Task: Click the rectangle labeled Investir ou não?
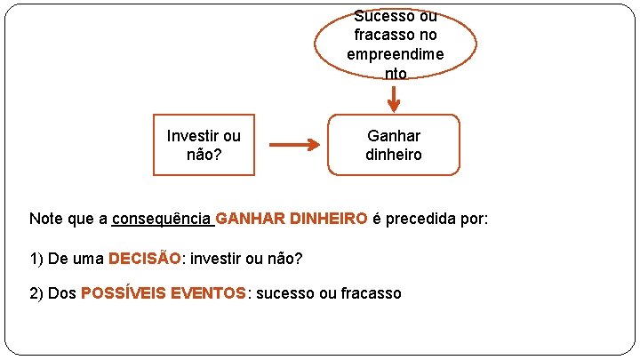tap(204, 145)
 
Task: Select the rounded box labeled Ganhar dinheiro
tap(394, 145)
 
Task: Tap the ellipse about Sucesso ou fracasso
tap(396, 44)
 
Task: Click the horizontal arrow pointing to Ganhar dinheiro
tap(294, 145)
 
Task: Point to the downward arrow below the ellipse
tap(394, 99)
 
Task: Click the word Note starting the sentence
tap(45, 219)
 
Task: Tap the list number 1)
tap(36, 259)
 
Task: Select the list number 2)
tap(36, 293)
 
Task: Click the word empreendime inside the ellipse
tap(396, 54)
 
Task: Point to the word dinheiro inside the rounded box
tap(394, 155)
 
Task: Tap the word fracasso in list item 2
tap(372, 293)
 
